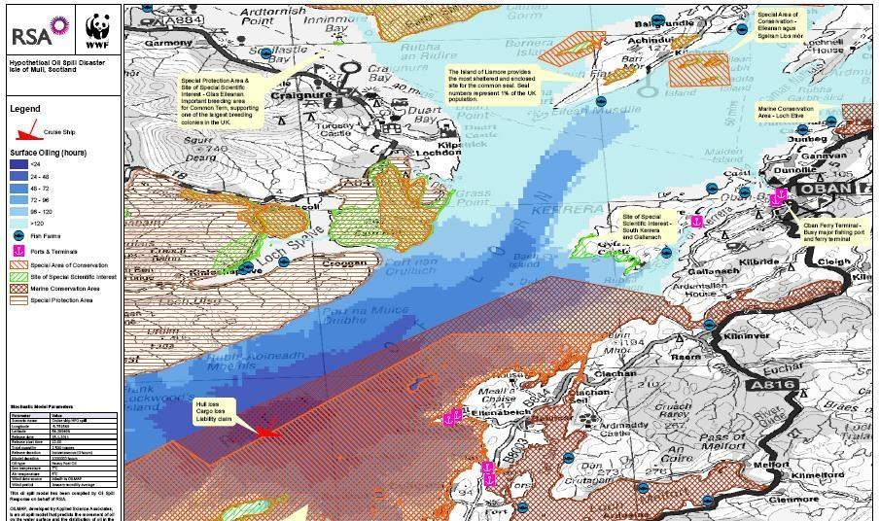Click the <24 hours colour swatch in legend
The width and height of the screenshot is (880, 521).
[19, 165]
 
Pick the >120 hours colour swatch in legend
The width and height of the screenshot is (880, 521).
[19, 223]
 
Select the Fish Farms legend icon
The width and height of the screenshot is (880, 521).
[19, 236]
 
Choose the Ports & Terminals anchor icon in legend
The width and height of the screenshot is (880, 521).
[19, 251]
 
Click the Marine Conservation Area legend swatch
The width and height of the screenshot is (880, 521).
[19, 289]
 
